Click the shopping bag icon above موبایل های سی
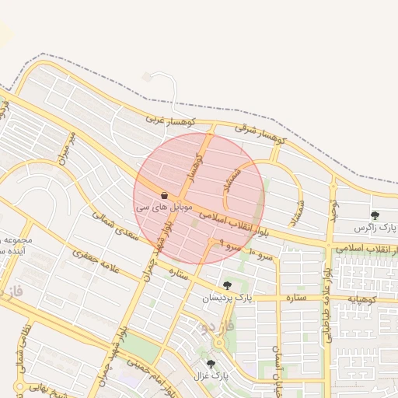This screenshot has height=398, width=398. pos(164,194)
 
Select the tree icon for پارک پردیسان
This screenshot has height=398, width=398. pos(227,285)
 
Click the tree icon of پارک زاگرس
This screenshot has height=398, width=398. pos(375,215)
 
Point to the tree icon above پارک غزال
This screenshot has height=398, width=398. pos(211,363)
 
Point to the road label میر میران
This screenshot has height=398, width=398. pos(68,148)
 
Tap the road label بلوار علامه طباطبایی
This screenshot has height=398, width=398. pos(330,280)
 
